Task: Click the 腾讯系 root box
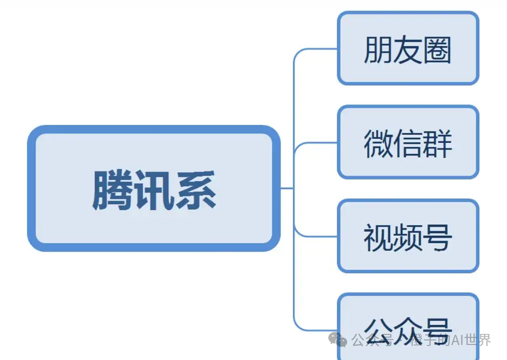click(x=153, y=189)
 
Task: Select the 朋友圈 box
click(x=408, y=48)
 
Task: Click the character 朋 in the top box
click(x=378, y=50)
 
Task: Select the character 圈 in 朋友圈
click(x=437, y=50)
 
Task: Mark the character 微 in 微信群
click(x=378, y=143)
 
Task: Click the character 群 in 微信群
click(x=437, y=143)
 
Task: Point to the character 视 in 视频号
click(x=378, y=237)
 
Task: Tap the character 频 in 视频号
click(x=408, y=237)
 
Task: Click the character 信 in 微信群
click(x=408, y=143)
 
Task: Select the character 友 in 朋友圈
click(x=408, y=50)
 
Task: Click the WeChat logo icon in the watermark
click(x=337, y=339)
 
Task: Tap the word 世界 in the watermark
click(x=478, y=340)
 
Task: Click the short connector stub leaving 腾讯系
click(x=287, y=188)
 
